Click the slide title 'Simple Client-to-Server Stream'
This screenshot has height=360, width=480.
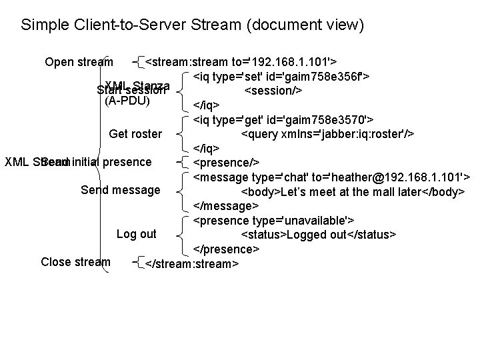(x=193, y=26)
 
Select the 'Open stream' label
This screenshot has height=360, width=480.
(x=79, y=63)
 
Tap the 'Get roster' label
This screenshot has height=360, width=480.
(x=135, y=134)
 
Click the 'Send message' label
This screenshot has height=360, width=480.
(x=120, y=190)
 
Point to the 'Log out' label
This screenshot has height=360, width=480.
(x=136, y=234)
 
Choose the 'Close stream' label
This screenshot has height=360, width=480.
(x=75, y=262)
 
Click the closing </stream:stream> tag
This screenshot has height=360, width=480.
(x=191, y=263)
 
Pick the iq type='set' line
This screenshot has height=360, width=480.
(x=282, y=77)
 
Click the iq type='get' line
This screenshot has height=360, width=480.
(x=283, y=120)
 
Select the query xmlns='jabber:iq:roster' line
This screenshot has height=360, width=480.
(x=327, y=134)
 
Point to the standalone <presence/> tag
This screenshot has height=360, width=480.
(x=226, y=163)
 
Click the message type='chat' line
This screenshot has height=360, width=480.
(x=331, y=177)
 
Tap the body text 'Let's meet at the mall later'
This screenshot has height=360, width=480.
(x=352, y=192)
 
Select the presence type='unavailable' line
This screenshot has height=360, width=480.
(x=273, y=221)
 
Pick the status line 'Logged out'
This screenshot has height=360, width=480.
(x=318, y=235)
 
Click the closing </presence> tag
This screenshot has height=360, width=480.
(x=226, y=249)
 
